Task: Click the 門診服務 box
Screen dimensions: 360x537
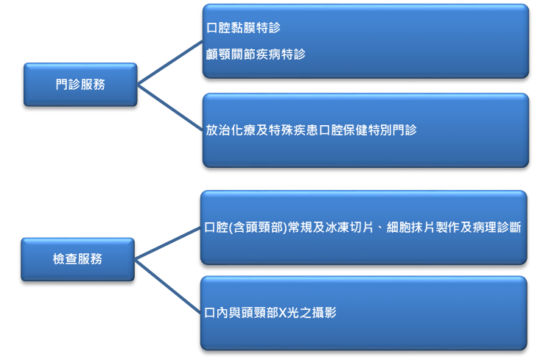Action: coord(80,84)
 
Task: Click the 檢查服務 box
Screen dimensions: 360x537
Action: coord(77,258)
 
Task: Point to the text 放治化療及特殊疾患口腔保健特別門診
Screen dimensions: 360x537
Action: coord(310,130)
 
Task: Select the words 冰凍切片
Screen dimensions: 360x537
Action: coord(359,228)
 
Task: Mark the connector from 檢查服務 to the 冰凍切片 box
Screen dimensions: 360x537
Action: coord(167,242)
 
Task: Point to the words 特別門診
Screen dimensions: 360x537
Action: coord(393,130)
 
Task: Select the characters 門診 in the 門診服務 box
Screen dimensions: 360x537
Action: coord(68,84)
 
